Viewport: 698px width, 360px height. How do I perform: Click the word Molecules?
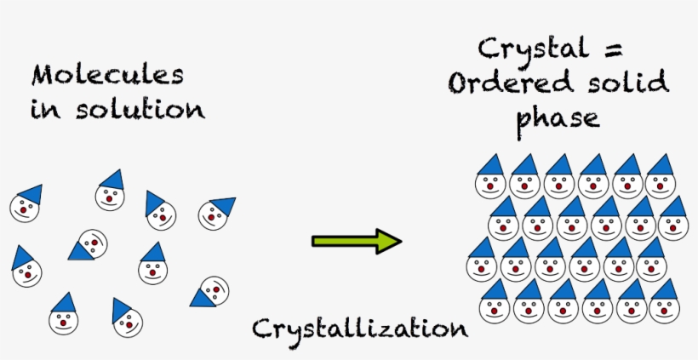click(108, 75)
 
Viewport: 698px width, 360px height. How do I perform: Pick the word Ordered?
click(508, 84)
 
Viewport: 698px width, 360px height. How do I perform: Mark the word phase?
click(558, 118)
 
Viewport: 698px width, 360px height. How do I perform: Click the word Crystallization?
click(359, 328)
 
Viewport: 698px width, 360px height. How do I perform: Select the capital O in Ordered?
click(461, 84)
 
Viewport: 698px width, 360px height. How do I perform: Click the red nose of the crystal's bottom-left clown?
click(495, 311)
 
